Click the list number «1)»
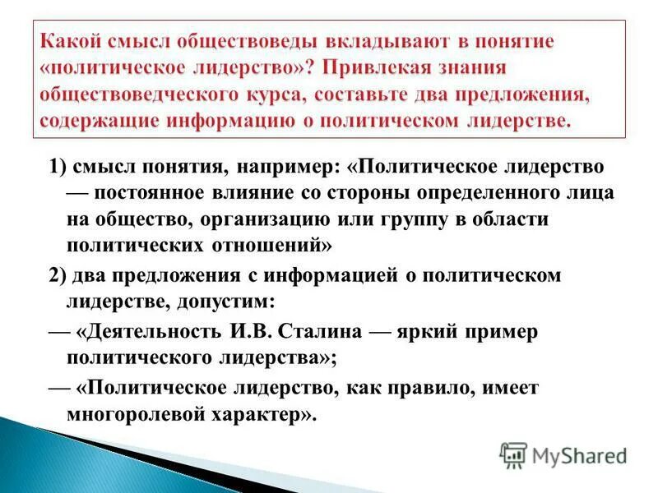[58, 167]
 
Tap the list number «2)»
[58, 275]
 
